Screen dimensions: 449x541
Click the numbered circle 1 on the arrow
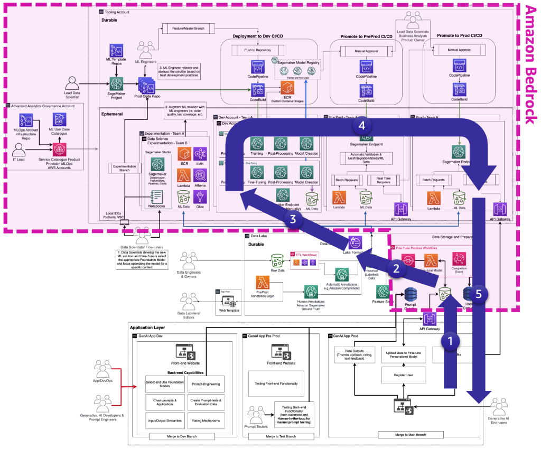click(450, 342)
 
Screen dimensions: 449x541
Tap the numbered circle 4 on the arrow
click(361, 126)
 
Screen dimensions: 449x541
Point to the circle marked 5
click(478, 296)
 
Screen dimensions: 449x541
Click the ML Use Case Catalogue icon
click(60, 120)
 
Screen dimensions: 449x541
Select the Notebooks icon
click(156, 197)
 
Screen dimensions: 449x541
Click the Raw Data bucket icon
click(276, 260)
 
